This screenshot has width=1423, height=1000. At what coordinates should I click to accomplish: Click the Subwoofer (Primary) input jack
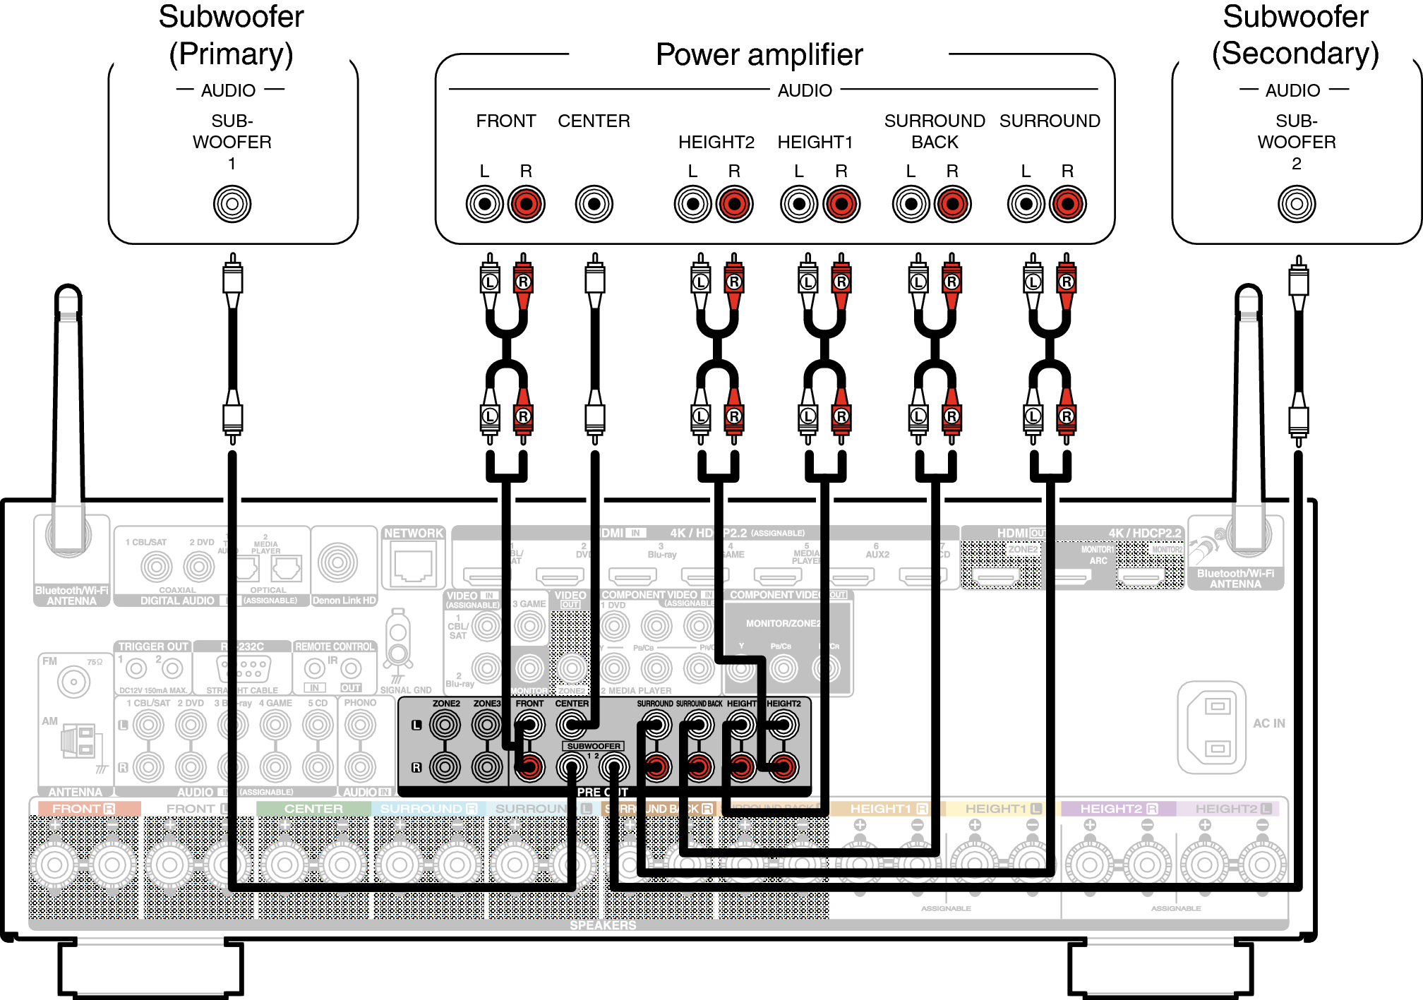(232, 204)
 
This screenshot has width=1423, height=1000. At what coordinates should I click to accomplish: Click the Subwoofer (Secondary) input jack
(1296, 204)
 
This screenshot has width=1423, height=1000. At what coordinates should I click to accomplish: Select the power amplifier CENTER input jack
(594, 204)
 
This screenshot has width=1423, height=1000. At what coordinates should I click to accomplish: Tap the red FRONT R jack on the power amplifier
(526, 204)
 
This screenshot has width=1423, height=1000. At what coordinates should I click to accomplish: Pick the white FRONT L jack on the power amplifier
(484, 204)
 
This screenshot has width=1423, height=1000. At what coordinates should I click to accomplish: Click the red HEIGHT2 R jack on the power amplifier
(734, 204)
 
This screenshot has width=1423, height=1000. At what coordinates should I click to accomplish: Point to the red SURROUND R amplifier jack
(1067, 204)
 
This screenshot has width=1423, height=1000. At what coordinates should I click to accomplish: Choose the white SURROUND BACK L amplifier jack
(911, 204)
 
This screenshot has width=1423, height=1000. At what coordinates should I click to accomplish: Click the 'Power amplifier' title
(759, 55)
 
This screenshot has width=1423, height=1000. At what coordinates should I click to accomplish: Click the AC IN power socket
(1211, 727)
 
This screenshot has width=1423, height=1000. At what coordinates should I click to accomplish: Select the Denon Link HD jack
(337, 562)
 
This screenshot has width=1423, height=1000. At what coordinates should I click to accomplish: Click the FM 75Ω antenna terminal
(73, 682)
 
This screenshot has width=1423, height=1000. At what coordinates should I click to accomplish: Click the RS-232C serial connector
(242, 668)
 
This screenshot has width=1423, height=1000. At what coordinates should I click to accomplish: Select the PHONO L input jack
(360, 725)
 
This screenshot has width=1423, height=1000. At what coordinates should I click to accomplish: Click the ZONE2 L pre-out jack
(445, 725)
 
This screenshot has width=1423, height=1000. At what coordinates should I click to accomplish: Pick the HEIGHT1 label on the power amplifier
(815, 143)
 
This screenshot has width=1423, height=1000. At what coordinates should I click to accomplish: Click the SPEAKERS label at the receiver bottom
(603, 925)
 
